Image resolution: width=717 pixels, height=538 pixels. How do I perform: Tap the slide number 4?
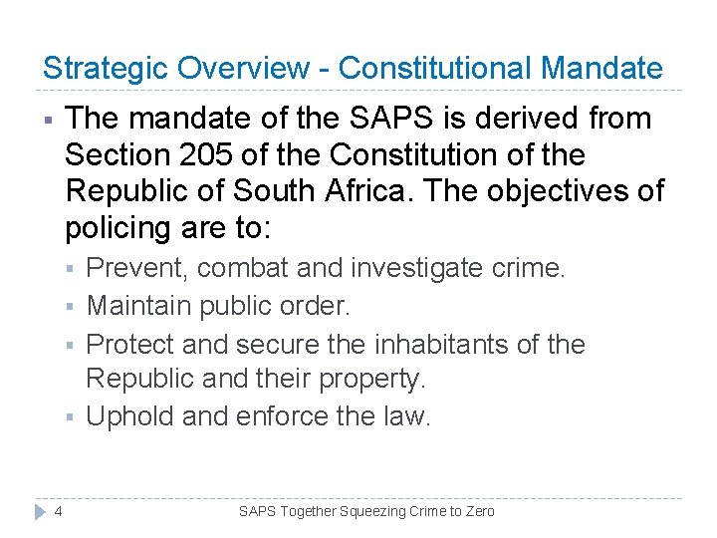tap(59, 511)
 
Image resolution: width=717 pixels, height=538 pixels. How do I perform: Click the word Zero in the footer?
tap(478, 511)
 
